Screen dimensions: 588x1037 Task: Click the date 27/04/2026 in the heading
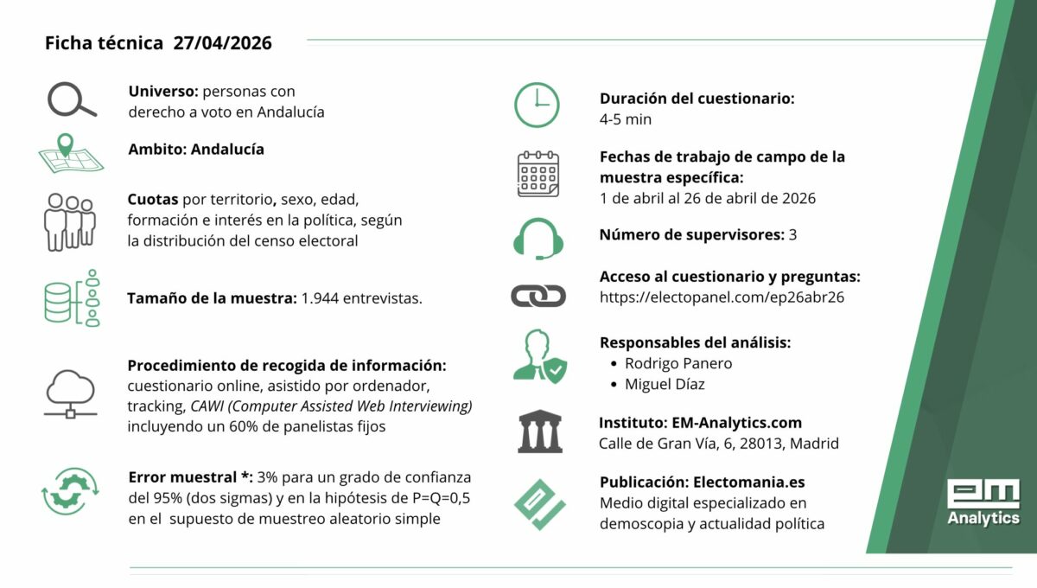(x=222, y=43)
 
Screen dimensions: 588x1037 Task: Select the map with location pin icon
(x=71, y=154)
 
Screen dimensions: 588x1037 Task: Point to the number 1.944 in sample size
(x=320, y=298)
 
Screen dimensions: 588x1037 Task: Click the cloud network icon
(x=71, y=393)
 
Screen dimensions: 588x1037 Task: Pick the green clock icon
(x=537, y=105)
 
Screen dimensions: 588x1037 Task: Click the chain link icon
(x=538, y=297)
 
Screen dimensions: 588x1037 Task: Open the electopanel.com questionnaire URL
(x=722, y=297)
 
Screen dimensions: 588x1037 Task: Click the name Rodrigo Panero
(x=678, y=363)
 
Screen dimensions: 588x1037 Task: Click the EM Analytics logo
(x=983, y=502)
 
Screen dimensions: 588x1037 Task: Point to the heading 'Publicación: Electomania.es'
(x=702, y=482)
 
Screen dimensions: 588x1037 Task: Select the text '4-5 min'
(x=625, y=119)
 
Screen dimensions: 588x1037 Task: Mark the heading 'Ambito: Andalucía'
(x=196, y=149)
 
